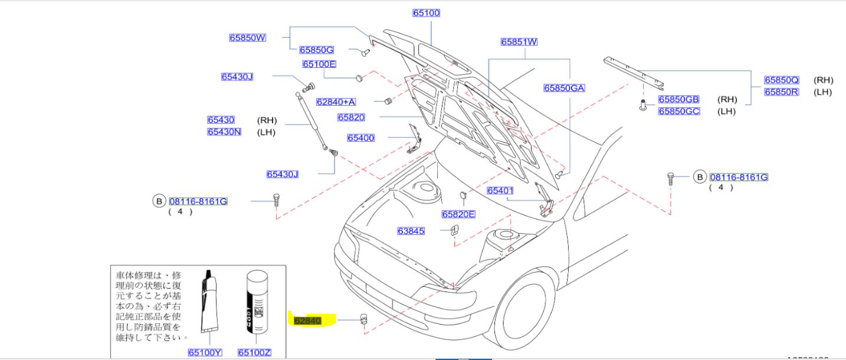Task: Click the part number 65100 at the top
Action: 426,13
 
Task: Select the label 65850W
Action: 247,38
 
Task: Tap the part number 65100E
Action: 319,64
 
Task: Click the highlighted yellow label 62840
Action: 307,321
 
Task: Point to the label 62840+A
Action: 336,102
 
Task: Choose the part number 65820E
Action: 458,214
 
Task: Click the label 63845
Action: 411,231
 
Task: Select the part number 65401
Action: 500,191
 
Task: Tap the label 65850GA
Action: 564,88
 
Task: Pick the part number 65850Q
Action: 781,80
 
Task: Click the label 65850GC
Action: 679,111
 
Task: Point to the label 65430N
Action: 224,132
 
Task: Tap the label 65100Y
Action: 205,353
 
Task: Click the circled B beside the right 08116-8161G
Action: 699,176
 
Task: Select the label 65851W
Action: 519,42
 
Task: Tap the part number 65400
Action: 360,138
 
